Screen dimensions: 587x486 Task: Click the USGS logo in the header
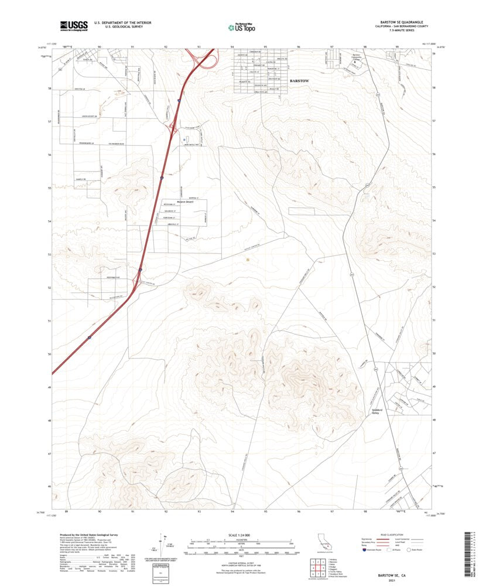74,25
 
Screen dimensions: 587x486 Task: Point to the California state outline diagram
323,541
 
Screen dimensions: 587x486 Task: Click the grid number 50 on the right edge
434,354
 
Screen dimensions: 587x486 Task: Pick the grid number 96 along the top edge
299,46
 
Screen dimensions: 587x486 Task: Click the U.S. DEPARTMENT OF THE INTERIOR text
115,23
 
